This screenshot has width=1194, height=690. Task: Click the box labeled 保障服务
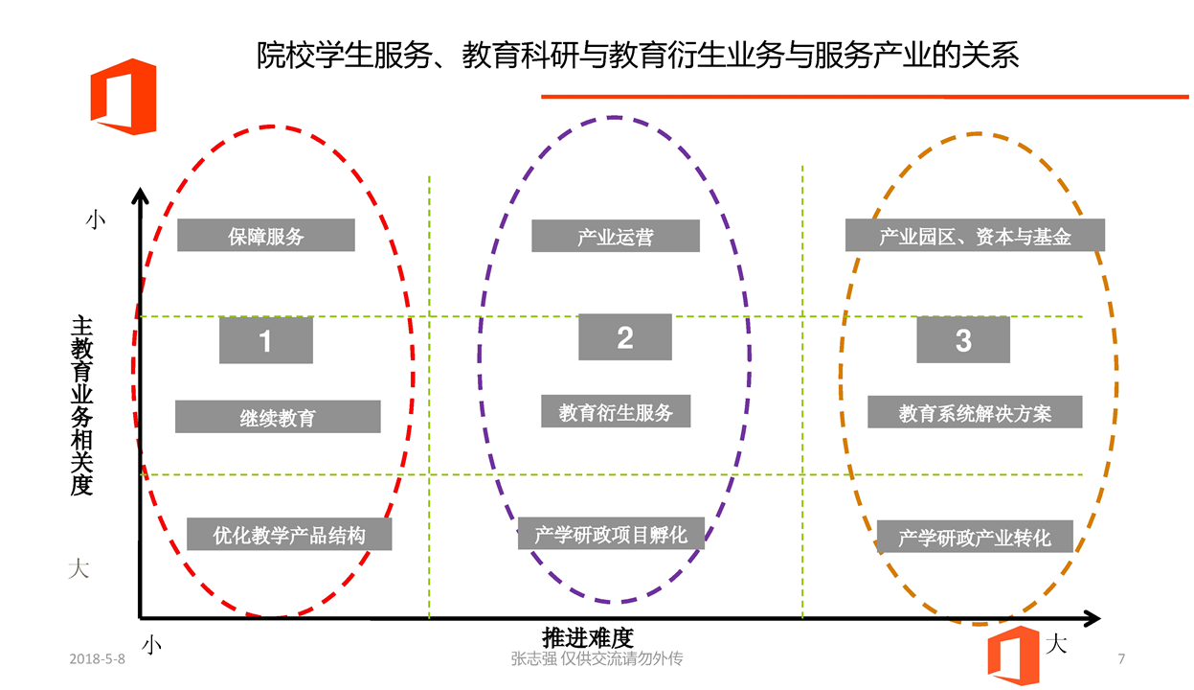(265, 236)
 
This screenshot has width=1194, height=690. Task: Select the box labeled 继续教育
(278, 417)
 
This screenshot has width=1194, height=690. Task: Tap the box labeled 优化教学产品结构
(289, 534)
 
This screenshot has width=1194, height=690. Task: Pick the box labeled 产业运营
(615, 236)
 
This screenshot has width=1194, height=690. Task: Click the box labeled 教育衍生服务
(616, 411)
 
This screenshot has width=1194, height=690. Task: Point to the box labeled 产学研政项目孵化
(611, 533)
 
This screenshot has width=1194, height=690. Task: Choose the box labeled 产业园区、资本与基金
(974, 236)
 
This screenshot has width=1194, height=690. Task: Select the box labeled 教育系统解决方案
(975, 412)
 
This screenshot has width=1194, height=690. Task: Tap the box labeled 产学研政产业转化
(974, 537)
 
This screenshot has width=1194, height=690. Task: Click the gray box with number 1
(265, 340)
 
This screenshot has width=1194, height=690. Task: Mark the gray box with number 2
(624, 337)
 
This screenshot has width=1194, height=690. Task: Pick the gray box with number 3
(962, 339)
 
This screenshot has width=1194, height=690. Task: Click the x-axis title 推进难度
(587, 637)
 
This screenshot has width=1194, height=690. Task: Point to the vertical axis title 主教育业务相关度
(81, 407)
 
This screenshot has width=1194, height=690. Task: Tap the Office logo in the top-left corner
(124, 96)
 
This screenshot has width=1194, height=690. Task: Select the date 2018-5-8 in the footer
(98, 659)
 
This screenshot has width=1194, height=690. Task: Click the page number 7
(1121, 659)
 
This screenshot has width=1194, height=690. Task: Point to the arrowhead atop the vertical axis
(141, 196)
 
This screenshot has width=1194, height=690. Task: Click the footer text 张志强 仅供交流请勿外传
(597, 659)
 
